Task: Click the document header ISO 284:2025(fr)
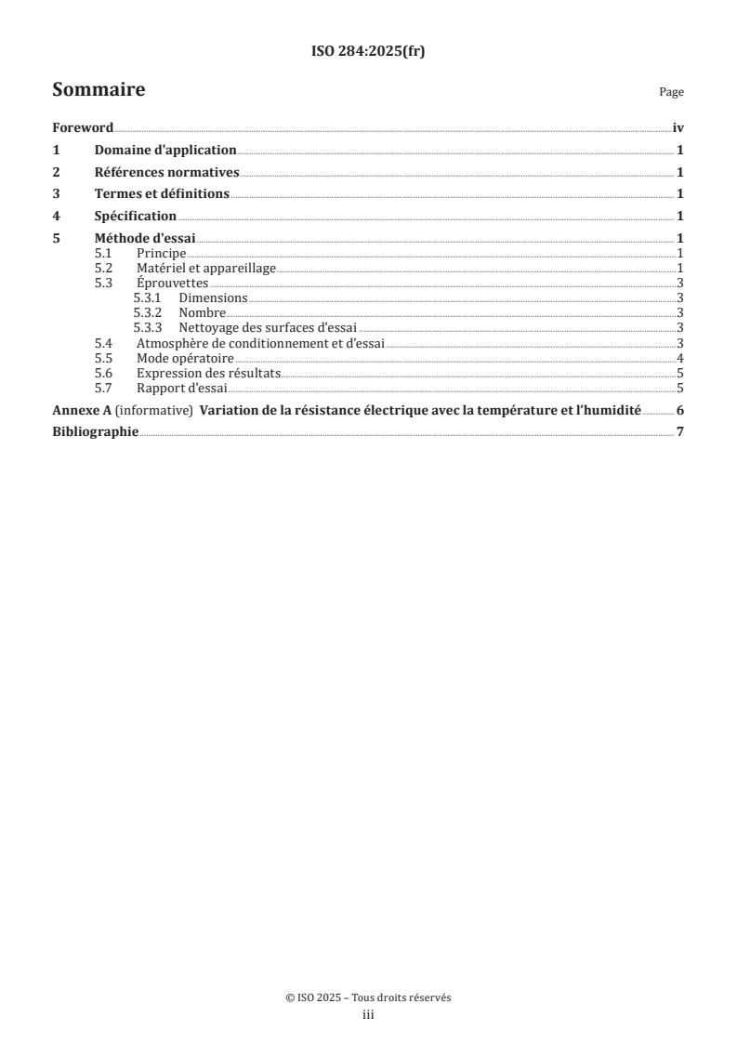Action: click(x=368, y=51)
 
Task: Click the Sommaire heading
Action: click(x=99, y=90)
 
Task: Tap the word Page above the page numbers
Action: click(x=671, y=93)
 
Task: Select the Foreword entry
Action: click(x=83, y=127)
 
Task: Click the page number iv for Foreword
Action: click(x=678, y=127)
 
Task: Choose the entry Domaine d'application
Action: click(x=165, y=150)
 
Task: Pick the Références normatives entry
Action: click(x=167, y=172)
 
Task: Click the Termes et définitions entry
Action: click(x=162, y=194)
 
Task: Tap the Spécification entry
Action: click(x=136, y=217)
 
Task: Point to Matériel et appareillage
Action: click(x=206, y=269)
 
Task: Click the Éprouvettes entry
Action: click(x=172, y=284)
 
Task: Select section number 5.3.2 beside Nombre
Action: click(x=148, y=313)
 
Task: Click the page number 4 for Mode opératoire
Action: click(x=680, y=358)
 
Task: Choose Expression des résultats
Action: click(x=208, y=373)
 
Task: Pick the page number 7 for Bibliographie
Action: click(x=680, y=432)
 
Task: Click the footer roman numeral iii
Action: click(x=368, y=1016)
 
